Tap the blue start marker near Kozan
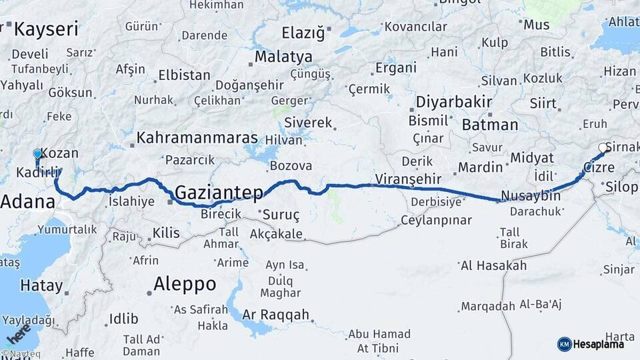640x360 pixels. point(37,155)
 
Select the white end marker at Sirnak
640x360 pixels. point(603,148)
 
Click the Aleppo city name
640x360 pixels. point(185,284)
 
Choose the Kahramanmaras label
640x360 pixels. point(197,138)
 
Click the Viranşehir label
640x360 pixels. point(409,179)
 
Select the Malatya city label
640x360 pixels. point(283,56)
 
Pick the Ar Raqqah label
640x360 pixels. point(276,315)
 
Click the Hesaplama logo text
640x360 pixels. point(599,344)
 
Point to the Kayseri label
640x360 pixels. point(46,29)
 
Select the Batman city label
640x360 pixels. point(489,125)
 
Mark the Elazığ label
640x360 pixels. point(302,32)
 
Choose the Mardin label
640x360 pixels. point(480,166)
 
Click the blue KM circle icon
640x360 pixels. point(564,344)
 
